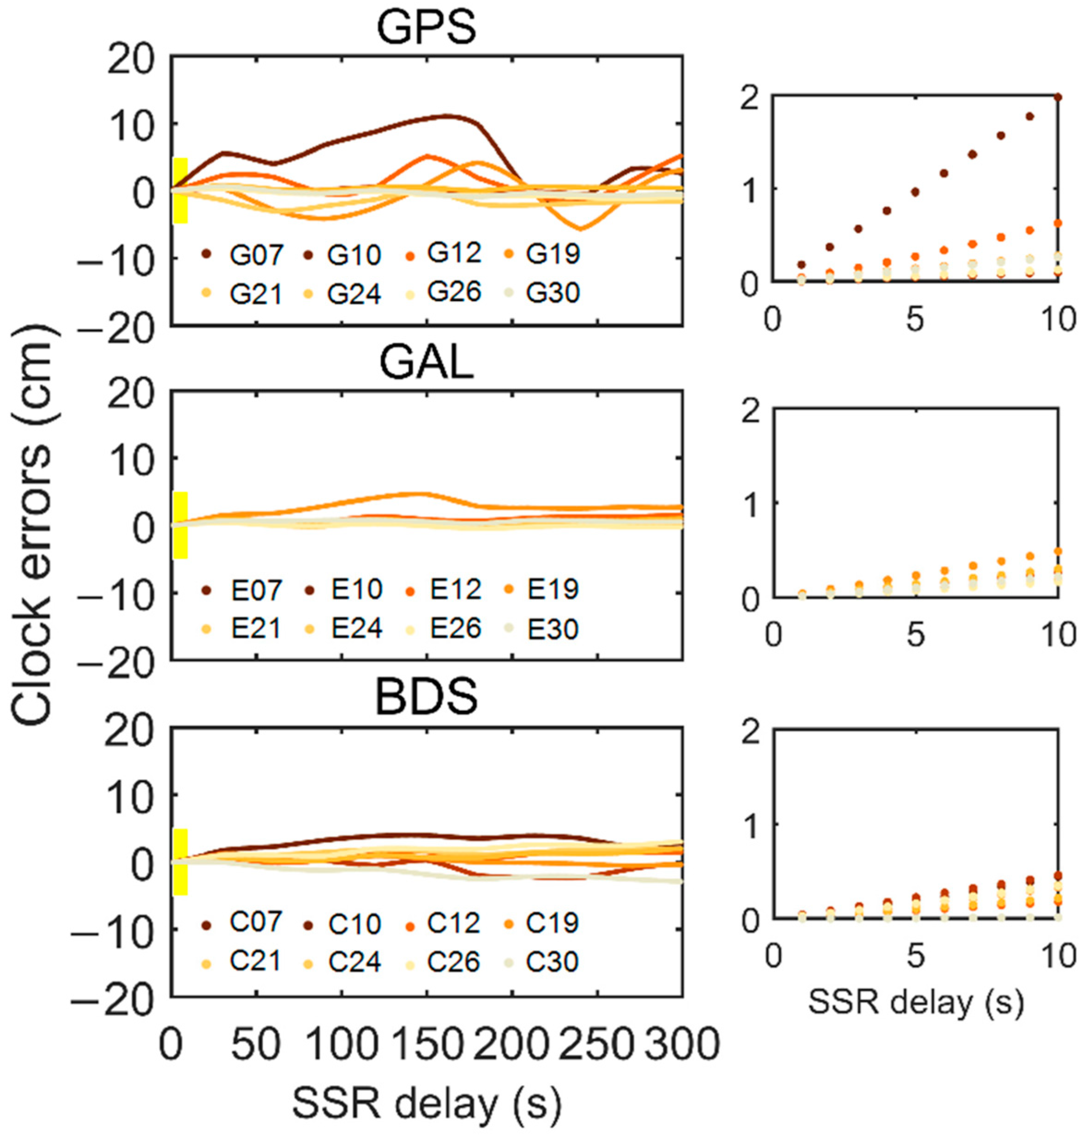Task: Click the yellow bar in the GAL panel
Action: click(x=180, y=525)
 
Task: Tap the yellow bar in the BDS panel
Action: click(x=180, y=862)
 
